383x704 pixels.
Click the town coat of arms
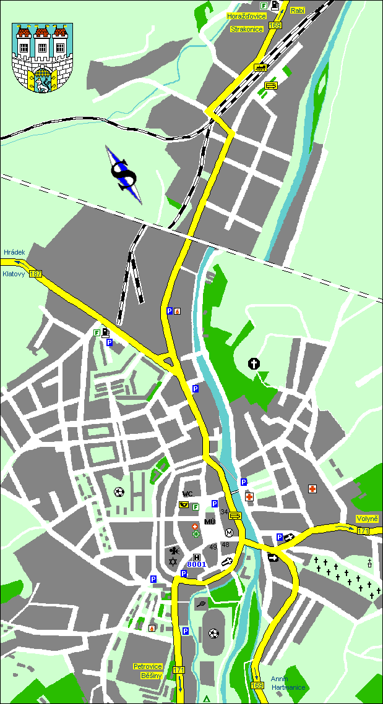click(x=42, y=58)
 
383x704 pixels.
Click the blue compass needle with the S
click(x=124, y=174)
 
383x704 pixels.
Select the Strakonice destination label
click(x=246, y=28)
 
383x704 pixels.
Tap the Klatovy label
click(x=14, y=273)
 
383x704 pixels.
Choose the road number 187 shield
click(x=35, y=274)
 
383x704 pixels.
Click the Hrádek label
click(x=14, y=252)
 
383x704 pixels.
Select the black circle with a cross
click(x=254, y=363)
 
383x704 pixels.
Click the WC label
click(x=188, y=494)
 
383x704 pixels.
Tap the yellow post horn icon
click(x=184, y=506)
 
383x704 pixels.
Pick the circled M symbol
click(x=229, y=533)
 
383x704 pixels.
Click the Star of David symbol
click(x=173, y=561)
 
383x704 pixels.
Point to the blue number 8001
click(x=197, y=564)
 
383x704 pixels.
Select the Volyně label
click(x=367, y=519)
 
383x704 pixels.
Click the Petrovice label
click(x=148, y=666)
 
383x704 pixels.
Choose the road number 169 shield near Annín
click(x=257, y=685)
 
